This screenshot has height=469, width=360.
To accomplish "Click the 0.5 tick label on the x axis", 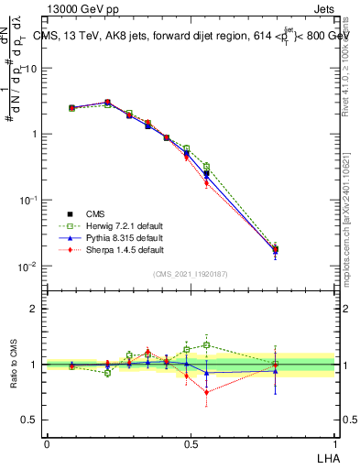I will click(190, 443).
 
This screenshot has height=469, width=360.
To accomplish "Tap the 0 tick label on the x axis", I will click(47, 443).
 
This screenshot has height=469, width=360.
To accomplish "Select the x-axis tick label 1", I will click(333, 443).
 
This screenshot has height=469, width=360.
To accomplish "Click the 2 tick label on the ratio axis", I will click(34, 309).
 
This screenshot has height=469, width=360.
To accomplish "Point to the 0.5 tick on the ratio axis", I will click(31, 420).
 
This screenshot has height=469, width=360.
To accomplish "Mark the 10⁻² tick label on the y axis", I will click(30, 267).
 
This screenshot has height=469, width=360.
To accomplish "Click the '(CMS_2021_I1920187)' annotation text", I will click(191, 274).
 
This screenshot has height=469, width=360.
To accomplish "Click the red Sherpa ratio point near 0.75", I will click(206, 392).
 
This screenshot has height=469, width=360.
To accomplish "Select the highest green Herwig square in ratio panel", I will click(206, 345).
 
